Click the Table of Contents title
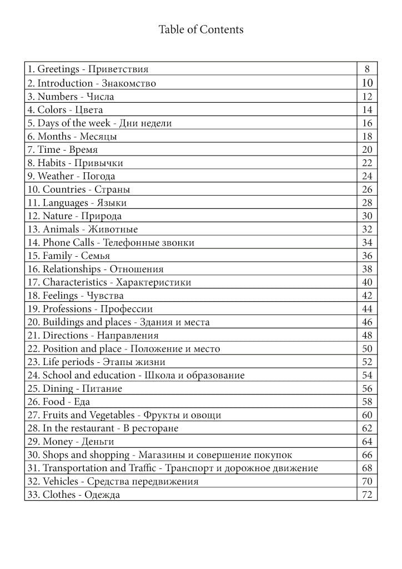pyautogui.click(x=201, y=29)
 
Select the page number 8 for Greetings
pyautogui.click(x=367, y=69)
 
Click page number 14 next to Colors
pyautogui.click(x=367, y=109)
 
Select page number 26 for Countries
pyautogui.click(x=367, y=189)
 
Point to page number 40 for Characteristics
pyautogui.click(x=367, y=282)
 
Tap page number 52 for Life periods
pyautogui.click(x=367, y=362)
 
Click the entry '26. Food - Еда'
pyautogui.click(x=58, y=402)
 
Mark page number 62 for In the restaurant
pyautogui.click(x=367, y=428)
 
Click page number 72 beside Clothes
pyautogui.click(x=367, y=495)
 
